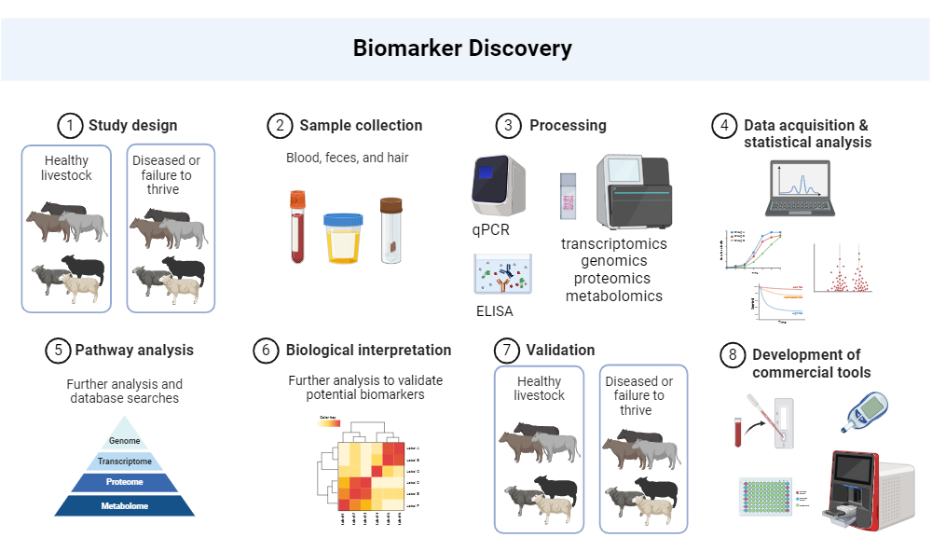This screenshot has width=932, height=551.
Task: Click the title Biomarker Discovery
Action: pos(462,48)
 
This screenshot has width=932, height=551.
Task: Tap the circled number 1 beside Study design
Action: pos(69,125)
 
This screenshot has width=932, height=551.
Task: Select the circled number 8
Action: pos(733,354)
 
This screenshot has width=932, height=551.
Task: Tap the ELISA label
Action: pos(493,311)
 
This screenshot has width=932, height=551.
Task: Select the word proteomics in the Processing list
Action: pos(612,279)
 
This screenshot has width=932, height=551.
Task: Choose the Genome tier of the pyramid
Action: pos(124,440)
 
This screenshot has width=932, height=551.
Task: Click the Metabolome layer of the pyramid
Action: pos(124,505)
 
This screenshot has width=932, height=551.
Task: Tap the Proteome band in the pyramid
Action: pos(124,482)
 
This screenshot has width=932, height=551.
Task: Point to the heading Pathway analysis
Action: pos(135,351)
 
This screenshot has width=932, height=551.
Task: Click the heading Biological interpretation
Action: pos(368,351)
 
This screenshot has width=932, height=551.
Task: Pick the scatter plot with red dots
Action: pos(843,270)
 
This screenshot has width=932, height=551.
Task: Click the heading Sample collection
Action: pos(361,125)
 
